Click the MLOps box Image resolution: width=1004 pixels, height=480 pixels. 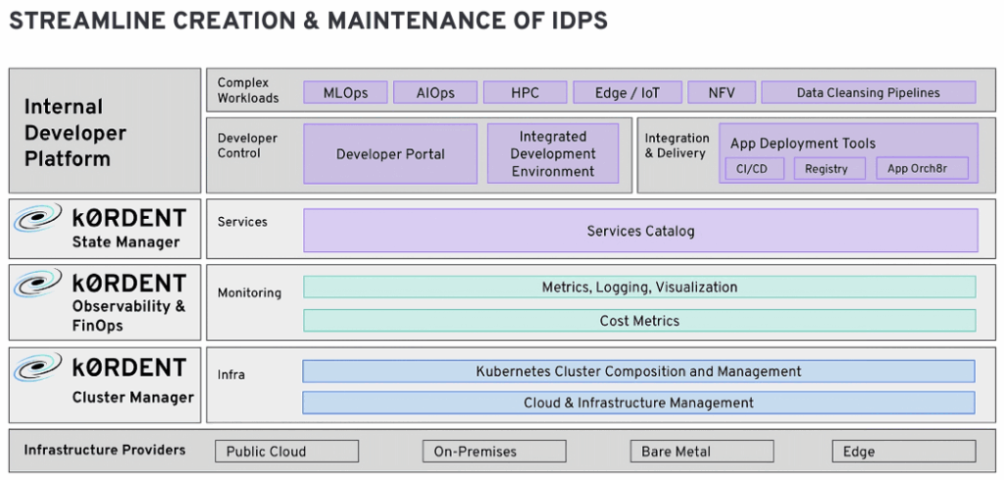pos(345,92)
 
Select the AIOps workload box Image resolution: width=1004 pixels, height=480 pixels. pos(435,92)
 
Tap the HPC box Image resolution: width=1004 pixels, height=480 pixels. pos(526,92)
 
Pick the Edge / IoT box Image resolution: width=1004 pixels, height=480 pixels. pos(627,92)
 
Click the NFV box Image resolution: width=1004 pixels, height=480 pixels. pos(722,92)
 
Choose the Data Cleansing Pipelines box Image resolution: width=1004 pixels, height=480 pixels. pos(869,92)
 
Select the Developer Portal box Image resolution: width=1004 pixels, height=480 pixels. pos(390,154)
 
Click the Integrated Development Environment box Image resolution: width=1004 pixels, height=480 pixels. pos(553,154)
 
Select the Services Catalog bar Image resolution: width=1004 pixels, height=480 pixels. pos(640,231)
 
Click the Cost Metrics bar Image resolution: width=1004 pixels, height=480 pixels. pos(639,320)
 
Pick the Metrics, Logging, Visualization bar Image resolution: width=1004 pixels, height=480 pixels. pos(639,287)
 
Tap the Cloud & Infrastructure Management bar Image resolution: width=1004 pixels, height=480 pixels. pos(638,403)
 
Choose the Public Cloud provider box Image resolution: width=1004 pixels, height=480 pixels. pos(287,452)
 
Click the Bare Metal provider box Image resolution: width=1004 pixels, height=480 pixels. pos(702,452)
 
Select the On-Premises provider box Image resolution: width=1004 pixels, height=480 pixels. pos(494,452)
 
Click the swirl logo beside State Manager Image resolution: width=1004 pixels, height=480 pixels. pos(38,218)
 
